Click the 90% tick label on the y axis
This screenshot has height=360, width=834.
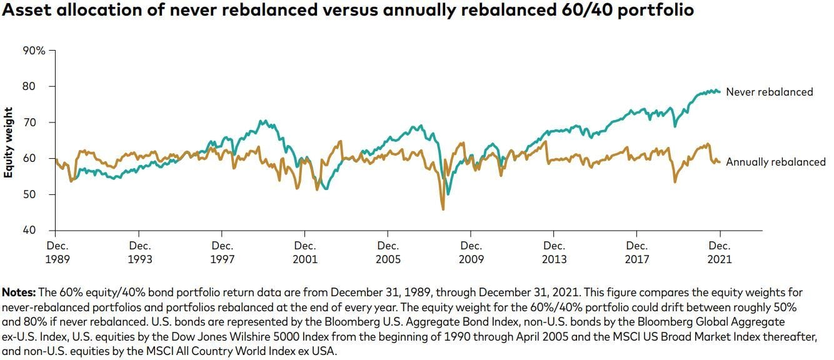pos(34,51)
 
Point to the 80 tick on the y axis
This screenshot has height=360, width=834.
pos(39,86)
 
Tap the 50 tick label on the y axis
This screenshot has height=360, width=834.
pos(39,194)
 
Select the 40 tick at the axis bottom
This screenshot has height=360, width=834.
pos(39,231)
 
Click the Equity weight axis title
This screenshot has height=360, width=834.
pos(9,142)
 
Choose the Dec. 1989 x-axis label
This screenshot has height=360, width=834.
pos(56,252)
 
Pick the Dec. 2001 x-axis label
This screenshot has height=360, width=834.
pos(305,252)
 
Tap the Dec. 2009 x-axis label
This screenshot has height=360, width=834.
pos(471,252)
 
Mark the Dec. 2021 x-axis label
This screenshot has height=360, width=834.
pos(720,252)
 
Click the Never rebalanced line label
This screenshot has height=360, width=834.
pos(769,92)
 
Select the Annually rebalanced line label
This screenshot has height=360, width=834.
pos(775,162)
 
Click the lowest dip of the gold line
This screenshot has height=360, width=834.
pos(443,209)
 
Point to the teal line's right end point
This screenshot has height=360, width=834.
pos(720,92)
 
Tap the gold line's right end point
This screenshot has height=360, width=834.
pos(720,162)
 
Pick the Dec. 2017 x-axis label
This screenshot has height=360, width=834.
pos(637,252)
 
